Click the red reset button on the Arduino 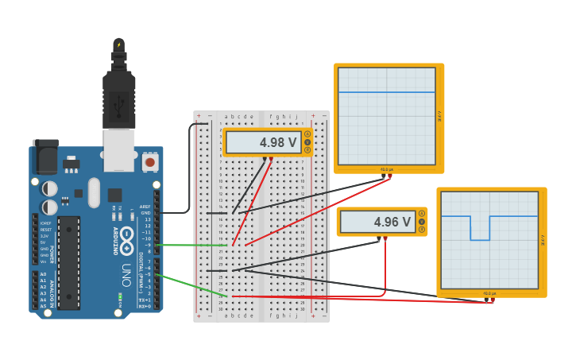pos(149,163)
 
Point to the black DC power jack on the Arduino pos(44,154)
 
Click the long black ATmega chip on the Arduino pos(68,262)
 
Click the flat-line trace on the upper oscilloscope pos(387,92)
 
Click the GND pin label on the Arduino pos(145,213)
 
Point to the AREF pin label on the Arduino pos(145,207)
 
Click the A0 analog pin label pos(43,274)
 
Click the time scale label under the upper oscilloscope pos(387,169)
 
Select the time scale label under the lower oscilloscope pos(489,294)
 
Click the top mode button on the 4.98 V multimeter pos(307,134)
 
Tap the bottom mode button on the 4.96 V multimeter pos(422,230)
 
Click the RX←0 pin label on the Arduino pos(144,306)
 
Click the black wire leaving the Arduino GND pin pos(179,212)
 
